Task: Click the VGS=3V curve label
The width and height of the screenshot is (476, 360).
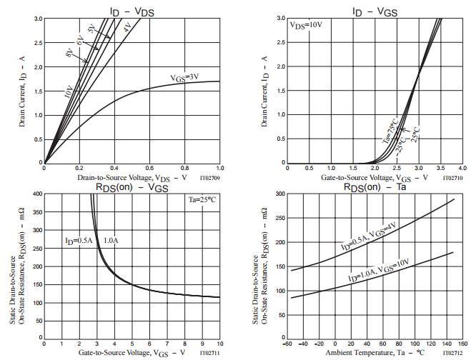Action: click(184, 77)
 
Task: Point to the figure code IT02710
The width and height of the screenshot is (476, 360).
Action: click(452, 178)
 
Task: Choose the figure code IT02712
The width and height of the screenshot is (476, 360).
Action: click(452, 353)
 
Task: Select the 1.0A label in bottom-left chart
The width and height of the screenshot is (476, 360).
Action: click(111, 241)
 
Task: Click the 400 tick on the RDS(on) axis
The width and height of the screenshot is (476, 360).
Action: click(36, 194)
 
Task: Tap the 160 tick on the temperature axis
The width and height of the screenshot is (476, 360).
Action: click(462, 344)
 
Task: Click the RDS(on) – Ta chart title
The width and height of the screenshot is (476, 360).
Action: click(377, 186)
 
